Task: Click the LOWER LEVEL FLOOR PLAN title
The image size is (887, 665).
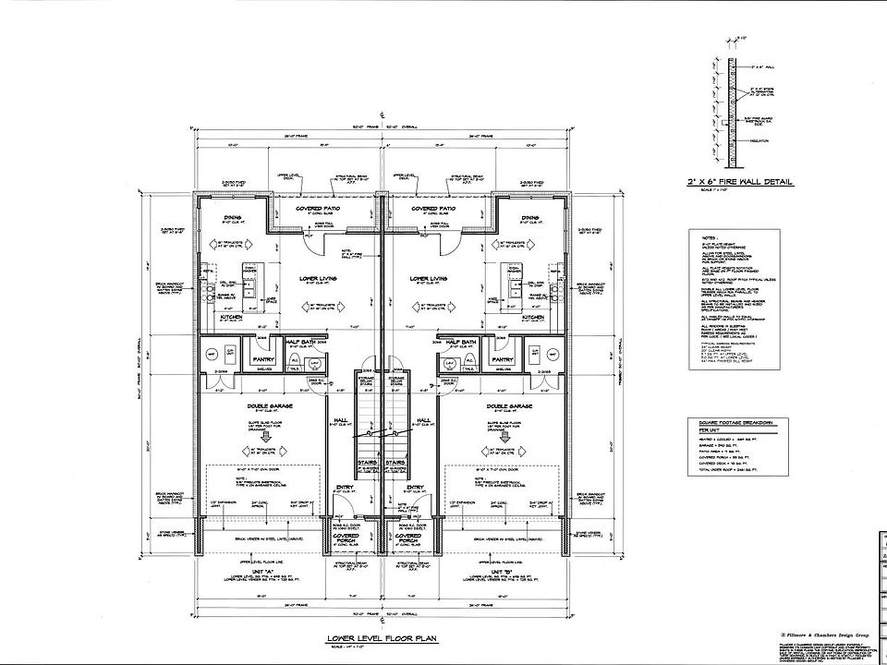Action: pyautogui.click(x=380, y=639)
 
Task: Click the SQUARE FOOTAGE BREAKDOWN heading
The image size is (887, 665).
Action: pyautogui.click(x=735, y=422)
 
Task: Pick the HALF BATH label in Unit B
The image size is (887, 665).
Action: pyautogui.click(x=460, y=342)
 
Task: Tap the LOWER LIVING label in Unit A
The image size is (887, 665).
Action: pyautogui.click(x=317, y=277)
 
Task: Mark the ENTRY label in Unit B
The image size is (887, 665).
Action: pyautogui.click(x=414, y=488)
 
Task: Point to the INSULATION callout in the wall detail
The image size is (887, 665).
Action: pyautogui.click(x=759, y=142)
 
